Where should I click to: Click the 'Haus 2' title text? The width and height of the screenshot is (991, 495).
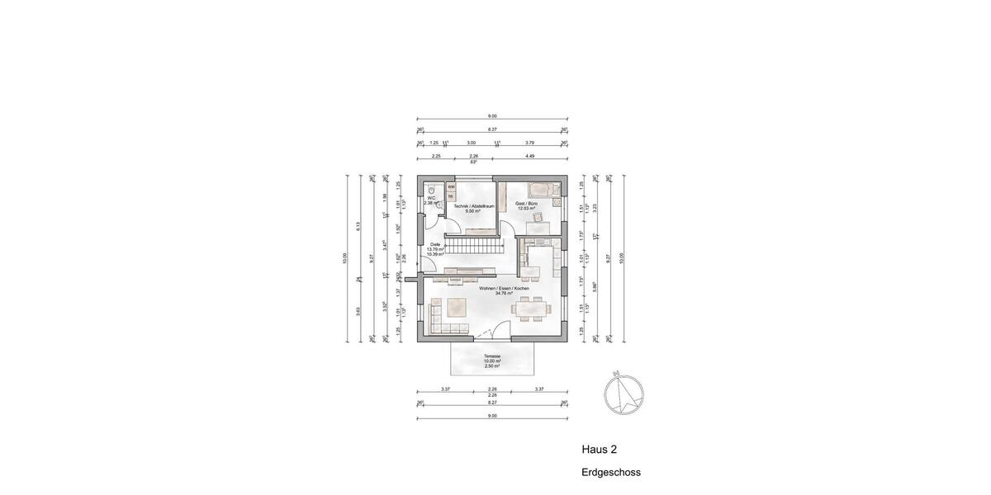(x=600, y=450)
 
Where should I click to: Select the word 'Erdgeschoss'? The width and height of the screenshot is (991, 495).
(x=610, y=473)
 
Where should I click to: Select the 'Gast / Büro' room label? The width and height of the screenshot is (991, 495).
(x=527, y=204)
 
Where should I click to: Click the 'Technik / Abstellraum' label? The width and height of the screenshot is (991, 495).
(x=472, y=207)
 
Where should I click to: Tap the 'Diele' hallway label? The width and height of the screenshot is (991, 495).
(x=435, y=245)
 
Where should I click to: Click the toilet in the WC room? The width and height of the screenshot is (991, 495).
(x=431, y=189)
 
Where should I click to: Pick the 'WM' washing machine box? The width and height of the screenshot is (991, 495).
(x=451, y=187)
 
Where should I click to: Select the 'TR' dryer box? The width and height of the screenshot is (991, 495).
(x=451, y=196)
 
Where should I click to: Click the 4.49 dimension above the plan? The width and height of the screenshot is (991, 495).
(x=530, y=156)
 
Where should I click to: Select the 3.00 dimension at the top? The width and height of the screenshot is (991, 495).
(x=471, y=142)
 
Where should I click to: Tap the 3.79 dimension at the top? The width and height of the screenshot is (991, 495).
(x=529, y=142)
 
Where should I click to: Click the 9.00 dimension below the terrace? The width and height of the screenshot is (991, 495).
(x=492, y=416)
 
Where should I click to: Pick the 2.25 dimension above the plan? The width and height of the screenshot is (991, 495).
(x=435, y=156)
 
